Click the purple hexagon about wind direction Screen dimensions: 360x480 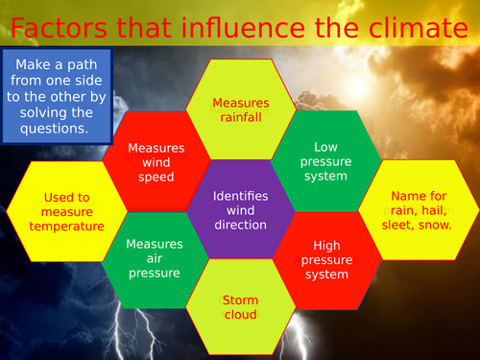[240, 210]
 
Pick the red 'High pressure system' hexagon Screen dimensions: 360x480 [325, 259]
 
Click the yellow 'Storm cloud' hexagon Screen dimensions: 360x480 [240, 307]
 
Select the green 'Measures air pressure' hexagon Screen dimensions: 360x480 [155, 258]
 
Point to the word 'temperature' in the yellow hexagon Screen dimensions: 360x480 [66, 227]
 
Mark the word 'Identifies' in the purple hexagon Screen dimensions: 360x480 [240, 195]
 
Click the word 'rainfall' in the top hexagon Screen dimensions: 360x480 [240, 118]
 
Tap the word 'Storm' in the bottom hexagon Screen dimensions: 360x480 [240, 300]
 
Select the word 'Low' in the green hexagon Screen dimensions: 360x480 [325, 146]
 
